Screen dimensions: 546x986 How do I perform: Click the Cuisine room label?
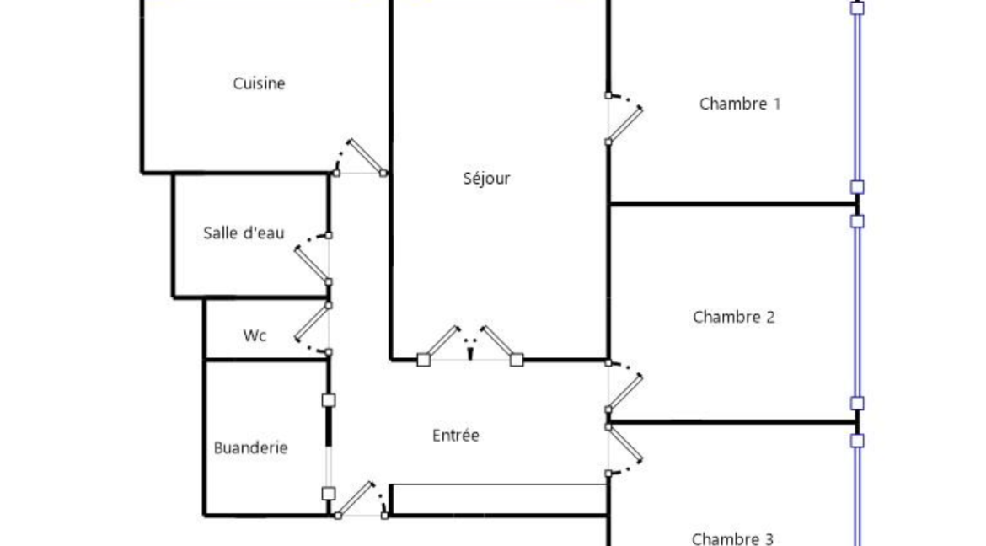[259, 83]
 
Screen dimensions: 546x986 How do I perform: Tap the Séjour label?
[487, 179]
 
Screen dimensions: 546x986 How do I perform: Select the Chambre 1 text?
[739, 104]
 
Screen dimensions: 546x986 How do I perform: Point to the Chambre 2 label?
[733, 317]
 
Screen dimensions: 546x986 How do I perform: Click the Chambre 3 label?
[732, 538]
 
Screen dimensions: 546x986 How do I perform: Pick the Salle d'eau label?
[244, 233]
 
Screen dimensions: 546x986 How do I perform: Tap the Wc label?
[255, 335]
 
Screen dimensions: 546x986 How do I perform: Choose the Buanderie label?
[250, 447]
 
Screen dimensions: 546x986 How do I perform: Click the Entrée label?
[456, 436]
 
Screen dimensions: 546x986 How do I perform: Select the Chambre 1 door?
[624, 125]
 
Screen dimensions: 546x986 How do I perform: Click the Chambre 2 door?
[624, 392]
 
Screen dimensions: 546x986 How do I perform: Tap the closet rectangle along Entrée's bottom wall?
[499, 497]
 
